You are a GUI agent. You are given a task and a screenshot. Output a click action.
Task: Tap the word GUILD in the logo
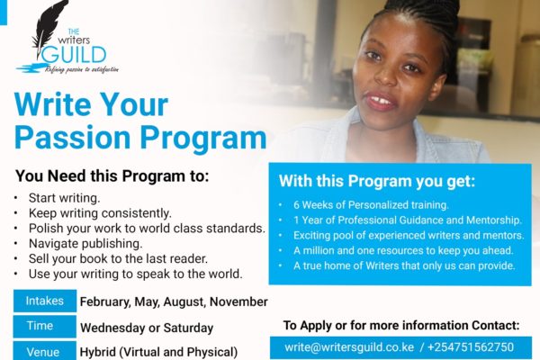point(74,54)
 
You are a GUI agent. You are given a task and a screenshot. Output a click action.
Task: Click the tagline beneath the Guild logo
point(82,69)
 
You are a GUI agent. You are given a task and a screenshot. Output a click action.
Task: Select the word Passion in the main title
point(72,139)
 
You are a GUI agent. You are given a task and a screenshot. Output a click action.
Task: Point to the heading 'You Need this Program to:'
point(112,176)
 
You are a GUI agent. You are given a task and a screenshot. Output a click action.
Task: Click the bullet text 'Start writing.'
point(65,198)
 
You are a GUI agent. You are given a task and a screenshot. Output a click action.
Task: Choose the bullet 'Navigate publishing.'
point(85,244)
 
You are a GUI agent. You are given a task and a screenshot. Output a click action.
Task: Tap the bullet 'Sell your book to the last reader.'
point(118,258)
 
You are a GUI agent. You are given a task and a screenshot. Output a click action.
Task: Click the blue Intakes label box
point(45,301)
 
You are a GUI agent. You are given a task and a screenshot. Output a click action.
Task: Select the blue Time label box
point(45,326)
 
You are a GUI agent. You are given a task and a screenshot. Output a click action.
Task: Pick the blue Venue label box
point(45,351)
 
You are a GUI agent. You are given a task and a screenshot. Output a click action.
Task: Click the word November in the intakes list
point(238,301)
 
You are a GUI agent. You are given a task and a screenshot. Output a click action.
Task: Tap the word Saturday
point(188,328)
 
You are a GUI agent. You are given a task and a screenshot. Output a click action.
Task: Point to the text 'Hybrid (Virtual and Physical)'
point(158,352)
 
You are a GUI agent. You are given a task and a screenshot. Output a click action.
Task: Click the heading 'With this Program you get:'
point(377,181)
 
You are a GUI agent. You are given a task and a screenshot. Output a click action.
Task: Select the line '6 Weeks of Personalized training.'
point(371,205)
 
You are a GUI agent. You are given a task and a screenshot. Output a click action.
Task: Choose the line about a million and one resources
point(403,250)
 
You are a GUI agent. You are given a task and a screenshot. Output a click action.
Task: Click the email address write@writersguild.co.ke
point(349,347)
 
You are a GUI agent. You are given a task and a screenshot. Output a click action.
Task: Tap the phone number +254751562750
point(471,347)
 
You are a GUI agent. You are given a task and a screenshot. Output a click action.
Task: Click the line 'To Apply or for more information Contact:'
point(401,325)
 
